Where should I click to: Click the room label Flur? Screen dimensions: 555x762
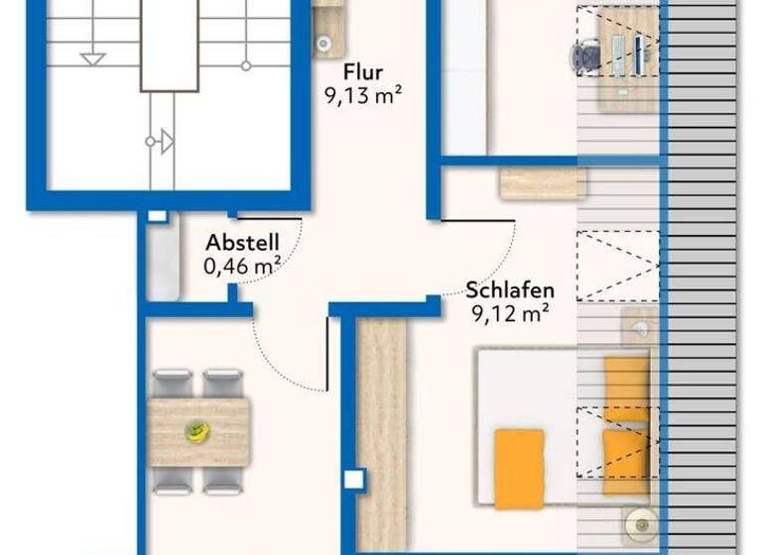[363, 73]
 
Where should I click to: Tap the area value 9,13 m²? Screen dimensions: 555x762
[363, 96]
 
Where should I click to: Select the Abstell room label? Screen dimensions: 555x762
[242, 243]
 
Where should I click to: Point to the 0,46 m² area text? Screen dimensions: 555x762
[242, 266]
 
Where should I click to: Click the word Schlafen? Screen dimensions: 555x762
[510, 291]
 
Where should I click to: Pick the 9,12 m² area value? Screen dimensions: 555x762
[511, 314]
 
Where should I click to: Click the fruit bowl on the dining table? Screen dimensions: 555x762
[197, 431]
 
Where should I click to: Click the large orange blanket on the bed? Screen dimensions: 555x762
[519, 469]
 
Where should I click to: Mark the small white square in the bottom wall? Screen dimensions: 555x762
[353, 481]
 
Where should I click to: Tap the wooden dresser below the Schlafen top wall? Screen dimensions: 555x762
[542, 183]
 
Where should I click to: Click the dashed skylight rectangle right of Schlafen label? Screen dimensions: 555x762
[617, 266]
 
